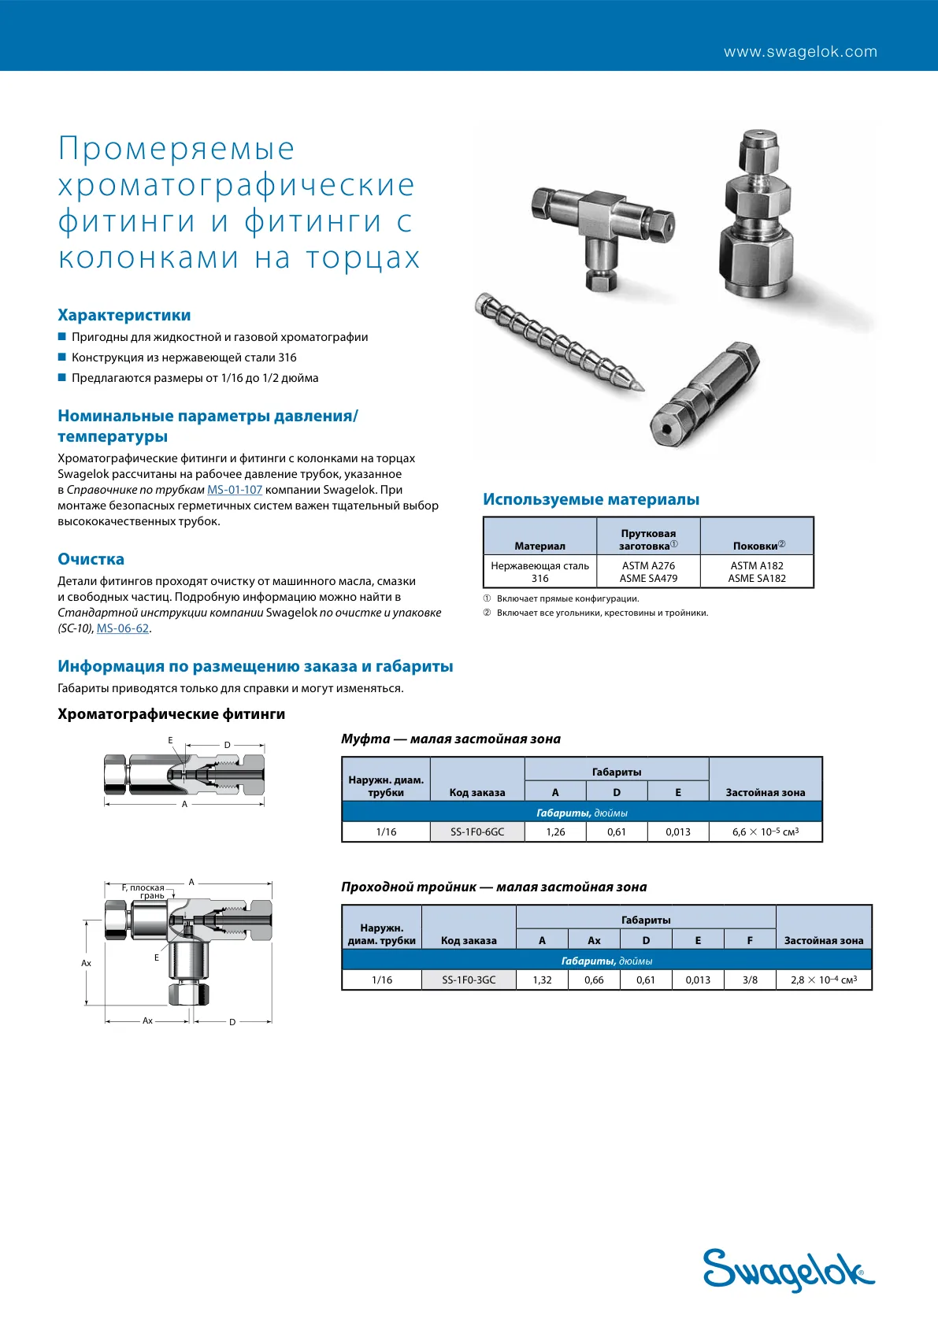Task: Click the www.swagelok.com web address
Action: click(800, 51)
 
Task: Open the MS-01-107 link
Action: click(235, 490)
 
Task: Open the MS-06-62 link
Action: click(123, 628)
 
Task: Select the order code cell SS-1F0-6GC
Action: click(477, 832)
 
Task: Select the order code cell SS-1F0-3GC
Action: click(469, 980)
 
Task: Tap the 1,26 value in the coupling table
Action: click(555, 832)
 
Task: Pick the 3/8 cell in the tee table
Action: click(750, 980)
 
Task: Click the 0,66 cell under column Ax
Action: click(594, 980)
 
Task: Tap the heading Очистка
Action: click(91, 559)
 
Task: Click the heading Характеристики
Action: click(124, 315)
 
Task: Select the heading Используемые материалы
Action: click(591, 499)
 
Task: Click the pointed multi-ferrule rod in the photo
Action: click(558, 342)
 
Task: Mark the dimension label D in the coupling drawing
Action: click(228, 745)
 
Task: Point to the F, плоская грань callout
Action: click(143, 891)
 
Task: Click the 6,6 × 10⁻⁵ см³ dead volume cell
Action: click(766, 832)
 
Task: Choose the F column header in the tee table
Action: click(750, 940)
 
